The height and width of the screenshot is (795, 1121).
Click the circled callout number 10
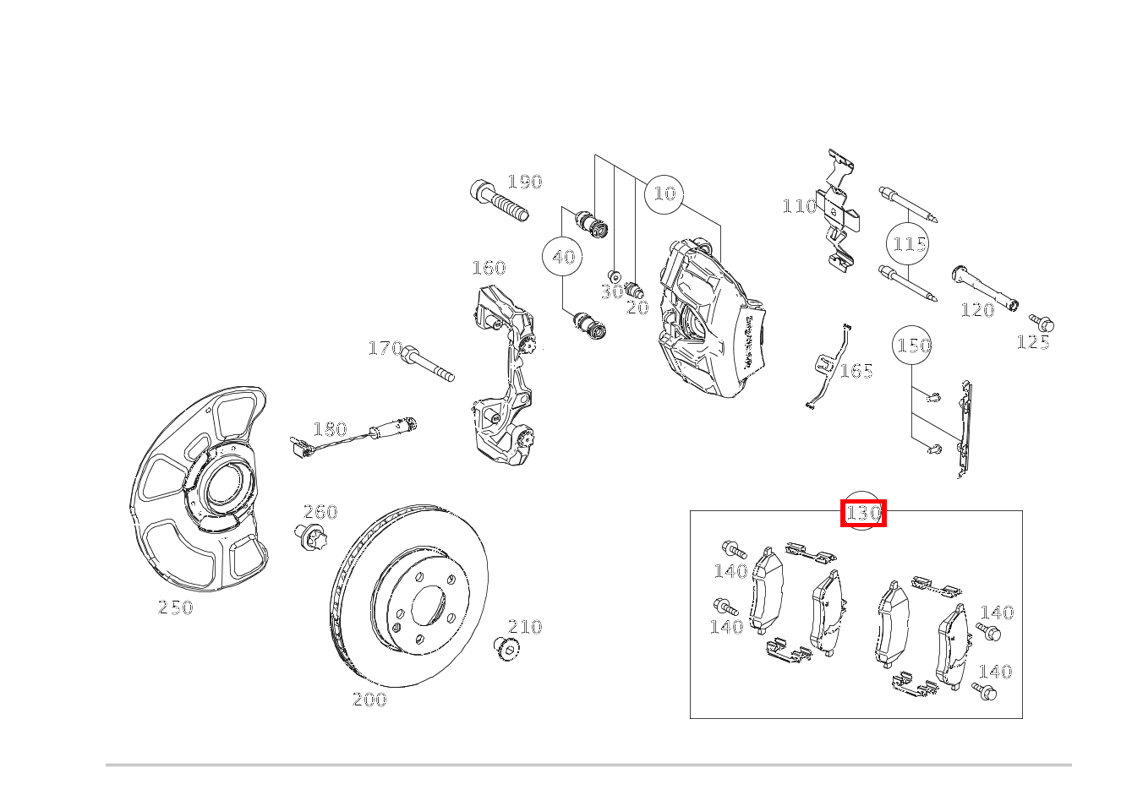(x=664, y=194)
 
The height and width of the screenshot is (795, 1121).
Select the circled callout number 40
(x=562, y=257)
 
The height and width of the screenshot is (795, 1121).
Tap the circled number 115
(x=907, y=244)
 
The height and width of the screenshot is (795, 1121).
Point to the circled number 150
(x=912, y=346)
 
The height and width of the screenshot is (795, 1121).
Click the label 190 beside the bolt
(x=525, y=182)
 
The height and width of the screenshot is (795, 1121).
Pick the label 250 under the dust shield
(x=175, y=607)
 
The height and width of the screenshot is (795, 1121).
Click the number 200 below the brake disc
(x=369, y=700)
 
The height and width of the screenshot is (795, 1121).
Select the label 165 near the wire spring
(x=856, y=371)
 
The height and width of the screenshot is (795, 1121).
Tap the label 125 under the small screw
(x=1033, y=342)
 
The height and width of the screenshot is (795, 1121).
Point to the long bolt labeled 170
(x=428, y=363)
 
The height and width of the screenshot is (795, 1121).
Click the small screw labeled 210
(x=506, y=650)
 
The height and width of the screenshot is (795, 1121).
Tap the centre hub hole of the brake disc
(x=428, y=606)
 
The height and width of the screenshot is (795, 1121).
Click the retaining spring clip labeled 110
(x=839, y=210)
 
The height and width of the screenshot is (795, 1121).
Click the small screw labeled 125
(x=1042, y=323)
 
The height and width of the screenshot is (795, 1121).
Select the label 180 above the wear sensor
(x=330, y=429)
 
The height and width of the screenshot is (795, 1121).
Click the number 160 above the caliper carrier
(x=489, y=268)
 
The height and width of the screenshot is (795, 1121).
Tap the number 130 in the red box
(x=863, y=513)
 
